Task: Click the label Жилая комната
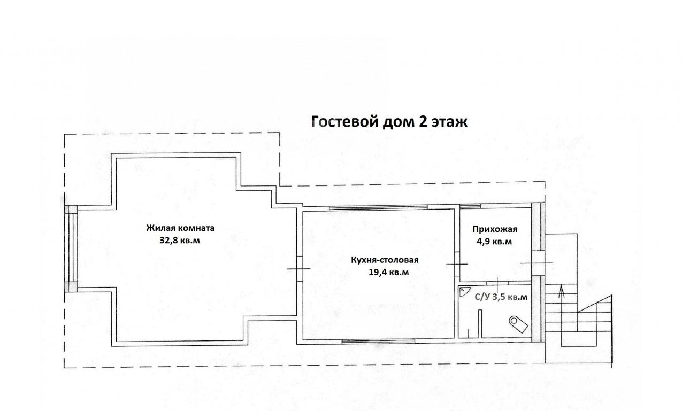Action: (180, 228)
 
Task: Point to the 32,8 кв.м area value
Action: (180, 241)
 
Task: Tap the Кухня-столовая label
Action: (385, 260)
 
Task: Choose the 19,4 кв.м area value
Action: (388, 272)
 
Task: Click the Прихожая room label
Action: (495, 229)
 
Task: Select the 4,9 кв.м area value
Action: (494, 242)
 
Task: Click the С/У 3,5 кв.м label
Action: (501, 297)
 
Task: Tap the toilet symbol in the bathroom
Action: (518, 324)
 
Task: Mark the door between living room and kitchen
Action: (300, 269)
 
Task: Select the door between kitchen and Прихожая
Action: (457, 265)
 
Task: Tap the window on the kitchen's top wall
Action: (378, 208)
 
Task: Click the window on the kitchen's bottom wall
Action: (378, 342)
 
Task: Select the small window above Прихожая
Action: (470, 206)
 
